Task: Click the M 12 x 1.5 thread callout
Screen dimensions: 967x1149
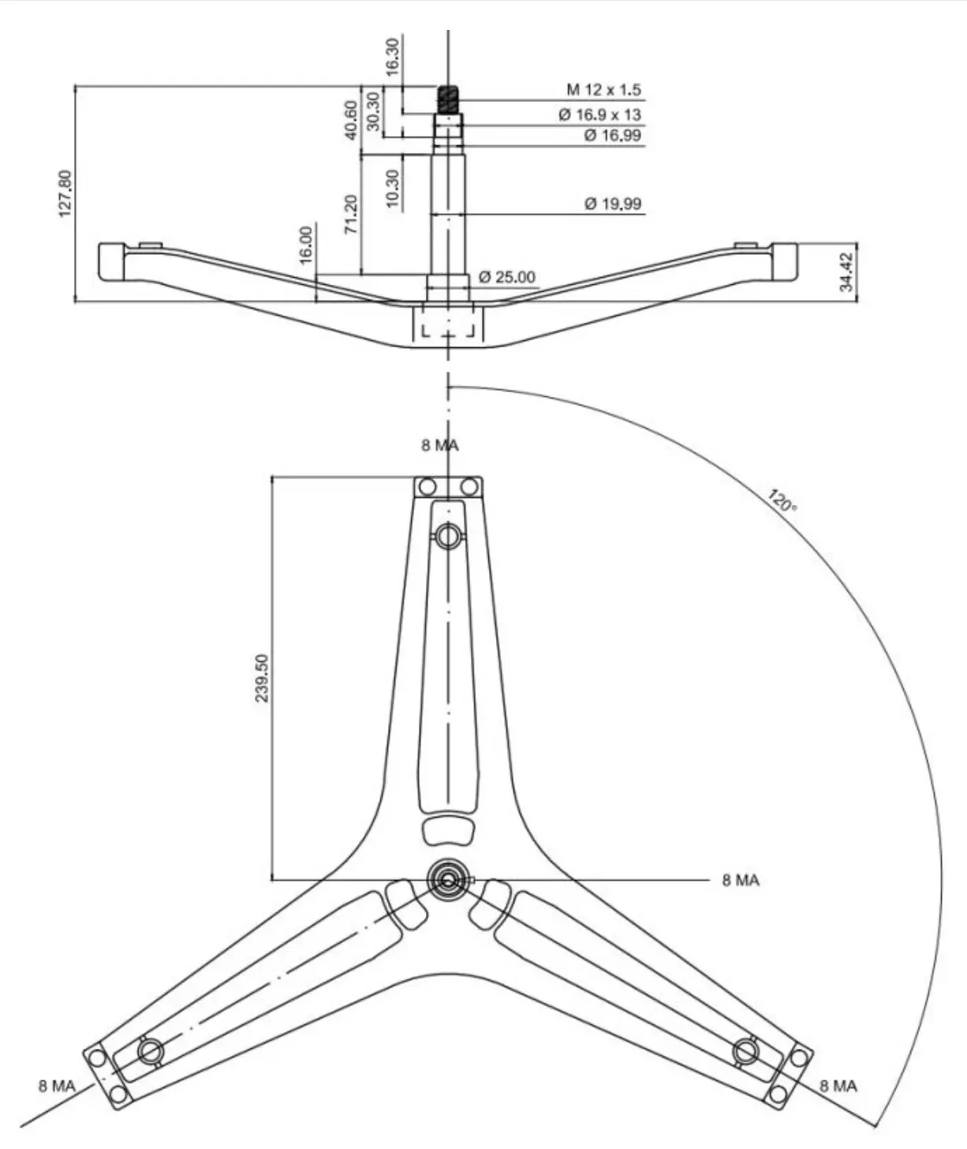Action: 603,89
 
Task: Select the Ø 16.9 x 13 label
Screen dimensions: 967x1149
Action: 600,114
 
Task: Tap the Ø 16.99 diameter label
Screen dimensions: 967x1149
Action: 613,135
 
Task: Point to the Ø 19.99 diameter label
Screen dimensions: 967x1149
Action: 613,204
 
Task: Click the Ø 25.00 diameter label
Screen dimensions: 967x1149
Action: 506,277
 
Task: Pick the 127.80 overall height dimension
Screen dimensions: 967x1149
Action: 65,193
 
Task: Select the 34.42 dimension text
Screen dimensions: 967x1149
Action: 846,271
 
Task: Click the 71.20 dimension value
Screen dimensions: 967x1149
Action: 351,214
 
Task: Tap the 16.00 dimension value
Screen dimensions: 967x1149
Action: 306,245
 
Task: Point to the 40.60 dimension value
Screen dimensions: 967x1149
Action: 351,120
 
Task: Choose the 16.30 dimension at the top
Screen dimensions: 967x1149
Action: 392,58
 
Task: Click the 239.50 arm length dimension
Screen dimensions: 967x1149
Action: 262,678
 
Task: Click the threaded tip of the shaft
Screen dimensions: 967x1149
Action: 449,99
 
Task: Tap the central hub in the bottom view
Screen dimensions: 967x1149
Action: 448,881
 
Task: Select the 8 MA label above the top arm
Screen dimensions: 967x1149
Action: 440,445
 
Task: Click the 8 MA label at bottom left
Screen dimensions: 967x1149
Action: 57,1087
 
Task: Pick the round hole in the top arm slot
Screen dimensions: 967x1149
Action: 448,537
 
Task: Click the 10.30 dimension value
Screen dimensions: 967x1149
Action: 392,188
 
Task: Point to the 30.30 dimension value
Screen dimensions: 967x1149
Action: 373,112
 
